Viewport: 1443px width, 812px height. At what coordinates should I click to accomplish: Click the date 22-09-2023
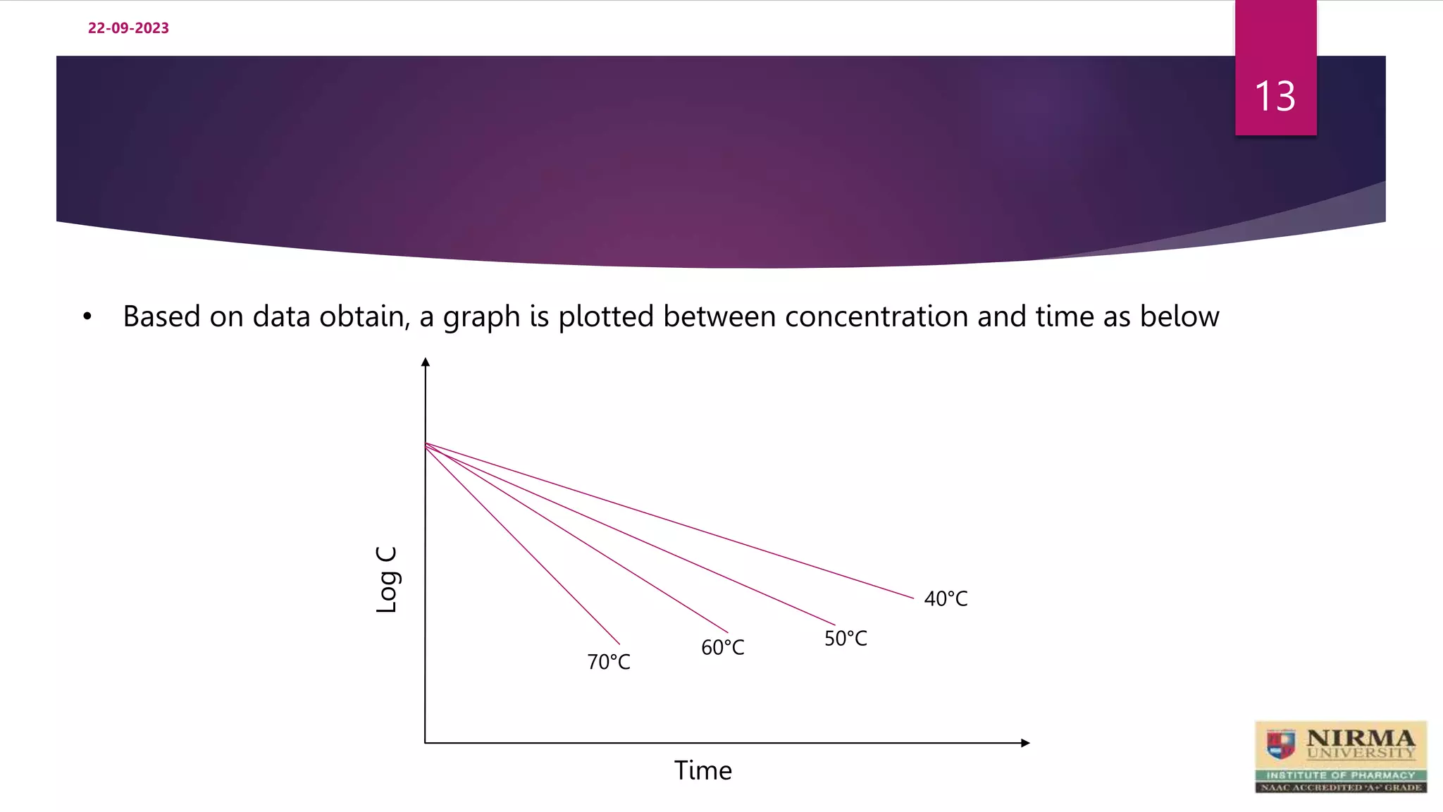click(128, 28)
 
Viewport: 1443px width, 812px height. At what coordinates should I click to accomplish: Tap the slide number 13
click(1275, 96)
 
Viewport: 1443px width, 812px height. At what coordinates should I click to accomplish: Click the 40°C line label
click(946, 598)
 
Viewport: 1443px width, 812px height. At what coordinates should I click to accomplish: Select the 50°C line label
click(846, 639)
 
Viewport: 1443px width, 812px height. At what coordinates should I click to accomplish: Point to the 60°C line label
click(722, 647)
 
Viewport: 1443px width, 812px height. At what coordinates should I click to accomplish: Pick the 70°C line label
click(609, 662)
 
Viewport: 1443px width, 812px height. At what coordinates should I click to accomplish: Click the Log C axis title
click(388, 579)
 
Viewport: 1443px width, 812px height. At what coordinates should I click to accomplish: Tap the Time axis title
click(702, 770)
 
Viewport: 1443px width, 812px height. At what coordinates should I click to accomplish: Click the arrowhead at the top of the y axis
click(426, 362)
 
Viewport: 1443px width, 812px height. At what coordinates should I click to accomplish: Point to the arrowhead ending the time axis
click(1025, 743)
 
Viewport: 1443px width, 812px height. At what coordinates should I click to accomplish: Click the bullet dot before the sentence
click(87, 317)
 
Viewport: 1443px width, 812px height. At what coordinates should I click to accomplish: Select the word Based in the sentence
click(161, 316)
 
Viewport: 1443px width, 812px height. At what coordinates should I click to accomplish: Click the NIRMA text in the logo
click(1360, 738)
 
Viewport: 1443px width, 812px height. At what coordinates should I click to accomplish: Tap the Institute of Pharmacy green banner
click(1340, 775)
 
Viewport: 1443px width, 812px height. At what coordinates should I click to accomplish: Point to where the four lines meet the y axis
click(426, 444)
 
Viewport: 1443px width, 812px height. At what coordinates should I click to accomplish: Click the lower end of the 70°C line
click(619, 644)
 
